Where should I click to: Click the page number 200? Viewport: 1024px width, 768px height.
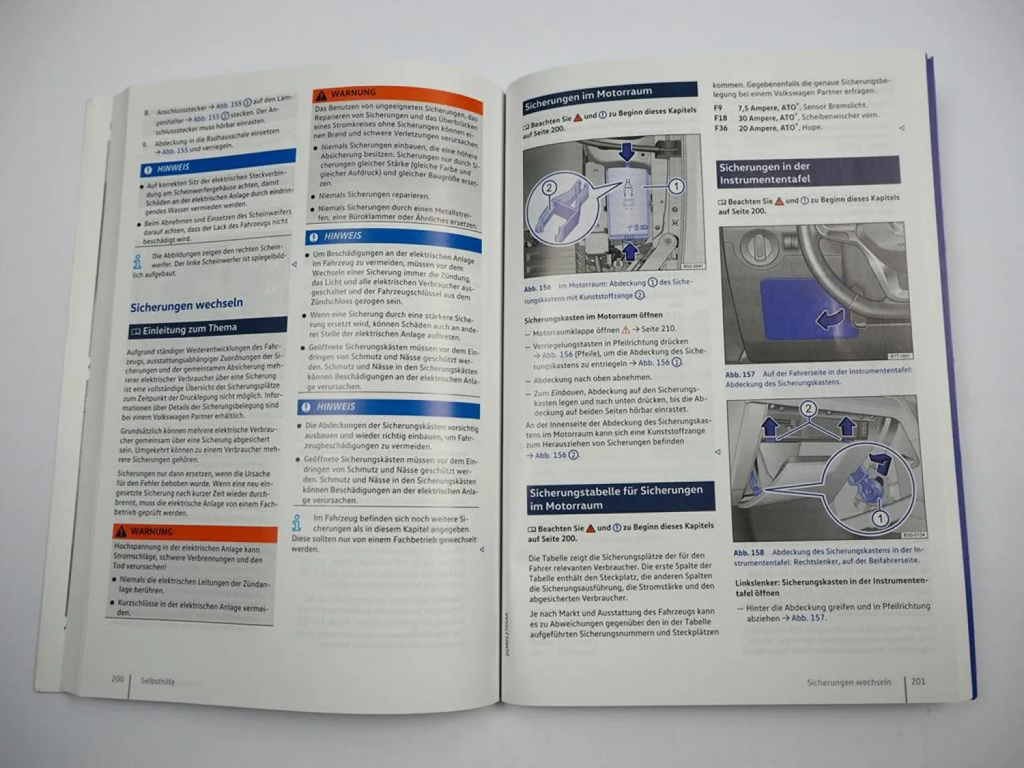(117, 679)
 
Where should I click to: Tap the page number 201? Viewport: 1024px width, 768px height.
(918, 681)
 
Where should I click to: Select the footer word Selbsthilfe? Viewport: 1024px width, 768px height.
(158, 681)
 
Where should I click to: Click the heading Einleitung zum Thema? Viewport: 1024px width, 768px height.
(189, 328)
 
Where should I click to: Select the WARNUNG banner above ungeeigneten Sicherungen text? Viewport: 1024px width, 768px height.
(353, 94)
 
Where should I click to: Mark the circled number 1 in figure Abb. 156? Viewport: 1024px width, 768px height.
(676, 186)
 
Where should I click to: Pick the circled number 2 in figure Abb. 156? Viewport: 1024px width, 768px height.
(549, 188)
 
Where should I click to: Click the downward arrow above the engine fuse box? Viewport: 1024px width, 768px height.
(626, 150)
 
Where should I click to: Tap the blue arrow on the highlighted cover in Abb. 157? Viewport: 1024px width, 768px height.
(829, 318)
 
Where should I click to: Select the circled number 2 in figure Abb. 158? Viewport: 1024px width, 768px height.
(808, 409)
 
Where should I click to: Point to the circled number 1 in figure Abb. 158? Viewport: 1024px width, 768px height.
(880, 518)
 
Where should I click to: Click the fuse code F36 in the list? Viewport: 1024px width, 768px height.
(721, 128)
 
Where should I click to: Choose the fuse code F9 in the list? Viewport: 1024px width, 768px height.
(718, 108)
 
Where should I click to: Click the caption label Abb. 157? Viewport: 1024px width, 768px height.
(739, 374)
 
